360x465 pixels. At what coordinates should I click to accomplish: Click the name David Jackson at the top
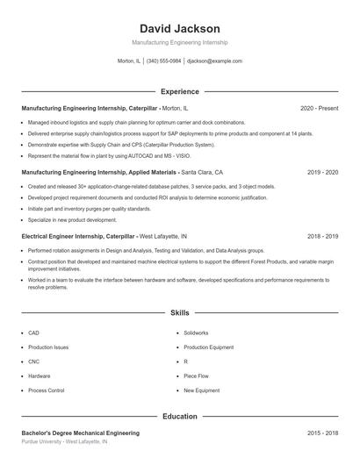pyautogui.click(x=179, y=29)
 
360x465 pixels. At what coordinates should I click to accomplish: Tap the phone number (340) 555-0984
pyautogui.click(x=164, y=61)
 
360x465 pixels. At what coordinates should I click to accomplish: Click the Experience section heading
pyautogui.click(x=179, y=91)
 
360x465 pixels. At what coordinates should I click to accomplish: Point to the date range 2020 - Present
pyautogui.click(x=319, y=108)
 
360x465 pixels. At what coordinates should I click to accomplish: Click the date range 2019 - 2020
pyautogui.click(x=322, y=173)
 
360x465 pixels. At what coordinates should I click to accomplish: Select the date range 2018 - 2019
pyautogui.click(x=322, y=237)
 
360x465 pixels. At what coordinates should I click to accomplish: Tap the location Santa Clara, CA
pyautogui.click(x=202, y=173)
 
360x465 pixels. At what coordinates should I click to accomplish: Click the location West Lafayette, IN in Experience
pyautogui.click(x=163, y=237)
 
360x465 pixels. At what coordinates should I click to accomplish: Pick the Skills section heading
pyautogui.click(x=179, y=312)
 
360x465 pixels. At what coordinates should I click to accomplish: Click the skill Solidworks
pyautogui.click(x=196, y=333)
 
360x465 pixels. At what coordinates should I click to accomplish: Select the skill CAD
pyautogui.click(x=33, y=333)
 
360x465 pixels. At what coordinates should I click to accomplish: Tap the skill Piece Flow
pyautogui.click(x=195, y=376)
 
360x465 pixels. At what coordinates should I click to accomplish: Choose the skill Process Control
pyautogui.click(x=46, y=390)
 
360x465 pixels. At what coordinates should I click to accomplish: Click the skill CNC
pyautogui.click(x=33, y=361)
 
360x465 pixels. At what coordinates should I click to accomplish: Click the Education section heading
pyautogui.click(x=179, y=417)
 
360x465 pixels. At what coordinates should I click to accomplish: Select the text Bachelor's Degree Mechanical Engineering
pyautogui.click(x=80, y=433)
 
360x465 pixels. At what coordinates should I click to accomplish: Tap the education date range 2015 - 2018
pyautogui.click(x=322, y=433)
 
